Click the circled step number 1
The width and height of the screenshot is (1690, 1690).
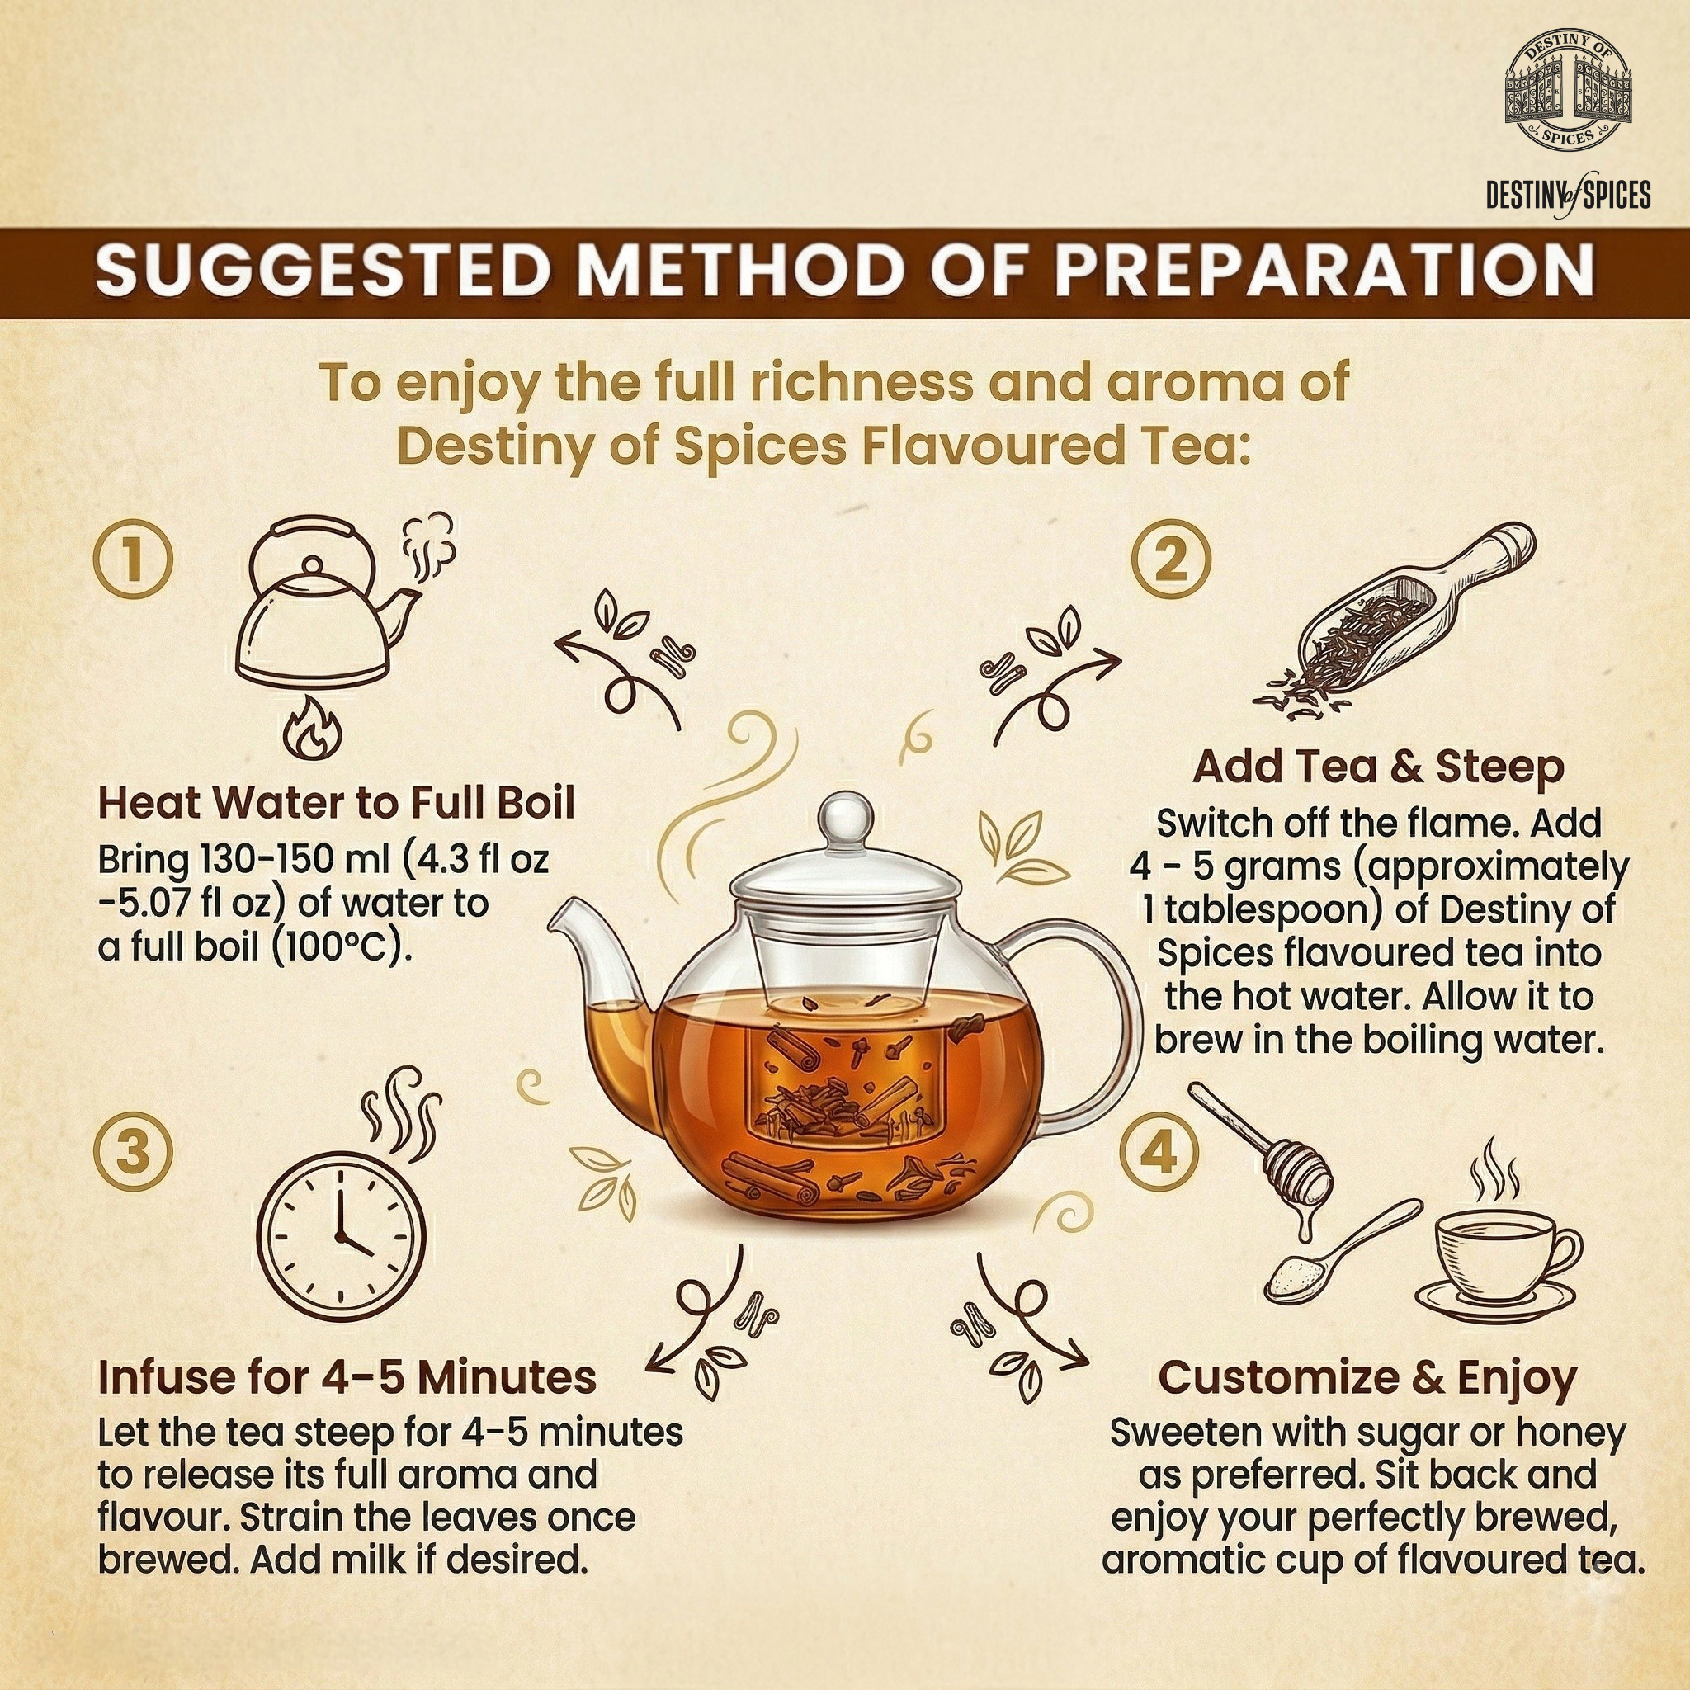tap(133, 560)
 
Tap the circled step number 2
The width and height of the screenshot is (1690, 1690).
tap(1171, 560)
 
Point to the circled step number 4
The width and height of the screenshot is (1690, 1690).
tap(1160, 1154)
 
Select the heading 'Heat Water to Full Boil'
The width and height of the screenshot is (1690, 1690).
tap(336, 803)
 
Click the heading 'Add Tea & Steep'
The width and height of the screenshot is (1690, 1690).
tap(1379, 767)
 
